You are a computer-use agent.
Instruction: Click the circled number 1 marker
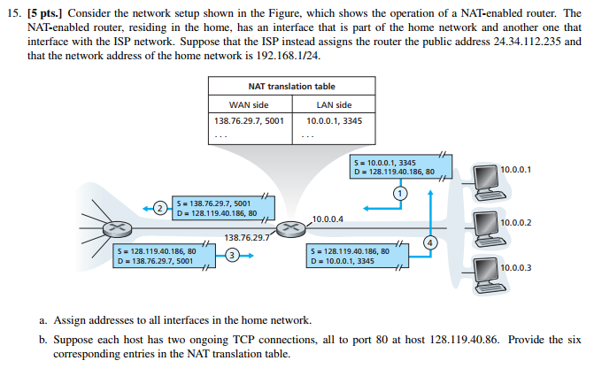tap(399, 192)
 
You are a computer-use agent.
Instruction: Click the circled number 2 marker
tap(158, 207)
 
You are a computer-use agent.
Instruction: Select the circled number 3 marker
tap(232, 256)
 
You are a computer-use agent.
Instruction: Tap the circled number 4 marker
tap(430, 242)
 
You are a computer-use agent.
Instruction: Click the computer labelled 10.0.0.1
tap(484, 178)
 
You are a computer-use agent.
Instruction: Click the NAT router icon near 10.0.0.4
tap(288, 228)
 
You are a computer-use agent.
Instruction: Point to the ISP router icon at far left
tap(113, 227)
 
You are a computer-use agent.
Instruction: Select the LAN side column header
tap(334, 104)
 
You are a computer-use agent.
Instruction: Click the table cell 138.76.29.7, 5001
tap(249, 120)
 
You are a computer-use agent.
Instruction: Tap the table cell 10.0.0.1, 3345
tap(334, 120)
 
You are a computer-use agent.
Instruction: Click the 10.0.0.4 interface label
tap(328, 218)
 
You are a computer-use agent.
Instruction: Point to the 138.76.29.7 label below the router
tap(245, 237)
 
